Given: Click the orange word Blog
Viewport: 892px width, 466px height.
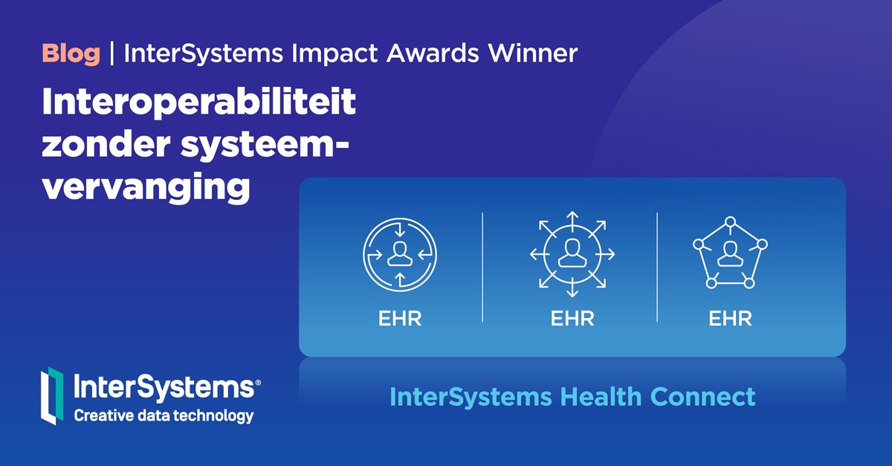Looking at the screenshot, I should click(x=71, y=54).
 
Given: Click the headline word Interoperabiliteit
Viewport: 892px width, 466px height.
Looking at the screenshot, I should click(x=199, y=104).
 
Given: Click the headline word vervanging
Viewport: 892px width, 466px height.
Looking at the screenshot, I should click(x=146, y=187).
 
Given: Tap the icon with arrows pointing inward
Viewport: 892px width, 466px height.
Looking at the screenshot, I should click(x=400, y=253).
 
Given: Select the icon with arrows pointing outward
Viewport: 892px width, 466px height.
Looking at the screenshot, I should click(x=572, y=253).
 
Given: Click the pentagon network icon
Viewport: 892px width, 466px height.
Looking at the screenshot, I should click(x=730, y=253).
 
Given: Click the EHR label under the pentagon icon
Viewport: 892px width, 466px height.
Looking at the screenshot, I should click(x=730, y=319).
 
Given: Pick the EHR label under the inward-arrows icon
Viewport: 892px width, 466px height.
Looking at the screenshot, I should click(x=400, y=319).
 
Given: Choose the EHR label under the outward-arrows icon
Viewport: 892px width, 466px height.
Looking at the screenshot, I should click(x=572, y=319).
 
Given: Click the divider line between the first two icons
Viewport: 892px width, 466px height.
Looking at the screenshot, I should click(x=482, y=268).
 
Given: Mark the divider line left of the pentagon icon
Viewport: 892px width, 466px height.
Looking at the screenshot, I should click(x=657, y=268).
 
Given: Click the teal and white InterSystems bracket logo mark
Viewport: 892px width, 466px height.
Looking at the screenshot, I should click(x=51, y=396).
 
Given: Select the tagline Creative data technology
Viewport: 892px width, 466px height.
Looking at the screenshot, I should click(x=164, y=415).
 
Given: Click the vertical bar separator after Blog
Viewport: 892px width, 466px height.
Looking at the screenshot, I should click(x=111, y=54).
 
